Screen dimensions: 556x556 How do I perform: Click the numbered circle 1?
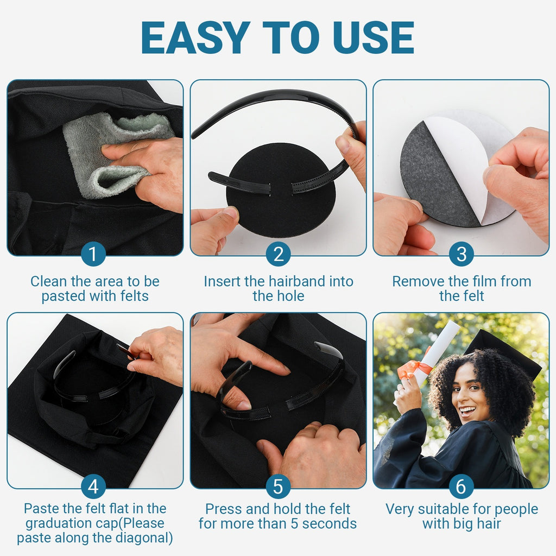pyautogui.click(x=93, y=254)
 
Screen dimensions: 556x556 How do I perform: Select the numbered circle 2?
pyautogui.click(x=279, y=254)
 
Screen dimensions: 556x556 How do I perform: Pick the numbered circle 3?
pyautogui.click(x=462, y=254)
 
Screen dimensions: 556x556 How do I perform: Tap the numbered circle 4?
pyautogui.click(x=93, y=486)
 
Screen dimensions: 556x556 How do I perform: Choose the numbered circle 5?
pyautogui.click(x=279, y=486)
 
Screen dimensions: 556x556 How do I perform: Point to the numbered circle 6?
pyautogui.click(x=462, y=486)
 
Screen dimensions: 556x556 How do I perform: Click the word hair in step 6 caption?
pyautogui.click(x=488, y=523)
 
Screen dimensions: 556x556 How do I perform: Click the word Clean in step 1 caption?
pyautogui.click(x=48, y=282)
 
